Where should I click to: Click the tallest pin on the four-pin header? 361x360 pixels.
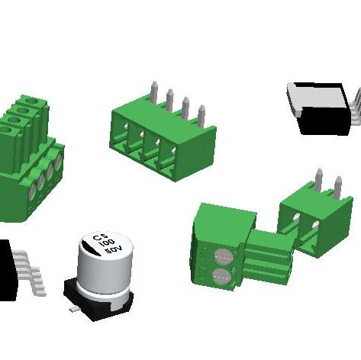[154, 92]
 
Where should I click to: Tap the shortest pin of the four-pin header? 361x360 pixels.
[201, 117]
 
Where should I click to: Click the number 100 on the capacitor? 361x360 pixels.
[107, 243]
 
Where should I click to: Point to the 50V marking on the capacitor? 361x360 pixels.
[114, 249]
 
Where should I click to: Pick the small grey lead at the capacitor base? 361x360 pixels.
[74, 310]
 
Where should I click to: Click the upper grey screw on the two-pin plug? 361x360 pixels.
[224, 257]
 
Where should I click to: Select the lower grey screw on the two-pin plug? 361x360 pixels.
[221, 276]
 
